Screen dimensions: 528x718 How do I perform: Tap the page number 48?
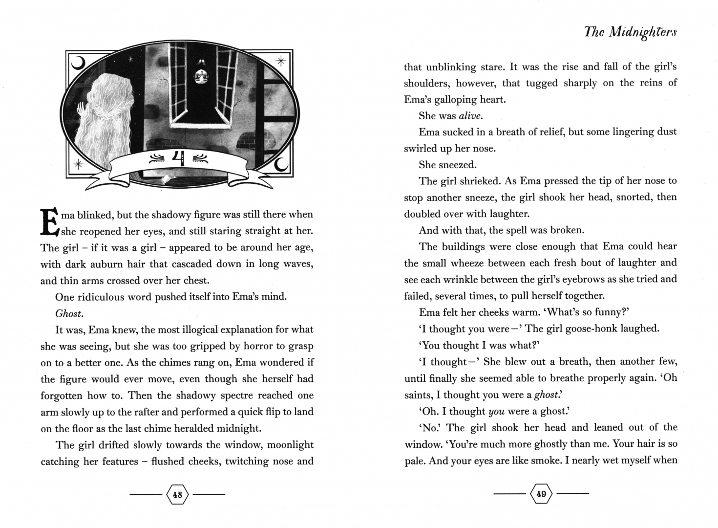177,494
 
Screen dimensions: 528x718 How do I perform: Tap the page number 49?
541,494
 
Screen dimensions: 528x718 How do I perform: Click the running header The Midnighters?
630,32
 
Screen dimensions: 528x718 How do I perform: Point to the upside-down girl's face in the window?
201,76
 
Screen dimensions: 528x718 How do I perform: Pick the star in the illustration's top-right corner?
281,62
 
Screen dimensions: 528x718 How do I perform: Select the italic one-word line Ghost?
69,313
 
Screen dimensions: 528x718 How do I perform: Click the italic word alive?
470,116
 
